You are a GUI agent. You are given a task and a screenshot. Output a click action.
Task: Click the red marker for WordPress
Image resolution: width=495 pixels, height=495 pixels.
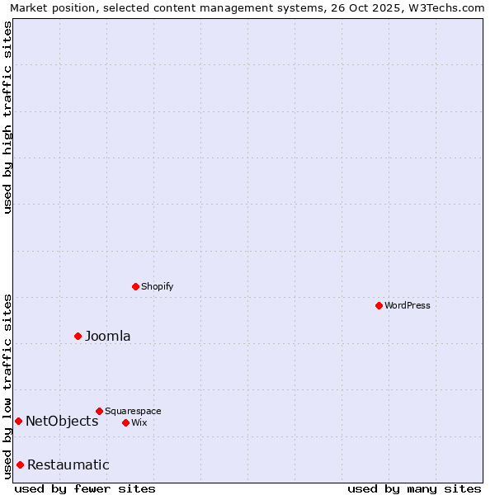pos(379,305)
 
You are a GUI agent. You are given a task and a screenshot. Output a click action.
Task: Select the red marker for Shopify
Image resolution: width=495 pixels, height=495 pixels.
pos(135,286)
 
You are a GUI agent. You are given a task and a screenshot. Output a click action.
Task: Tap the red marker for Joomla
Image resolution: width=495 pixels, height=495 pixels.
pos(78,336)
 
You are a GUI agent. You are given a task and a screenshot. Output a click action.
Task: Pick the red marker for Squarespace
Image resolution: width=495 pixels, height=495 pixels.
pos(99,411)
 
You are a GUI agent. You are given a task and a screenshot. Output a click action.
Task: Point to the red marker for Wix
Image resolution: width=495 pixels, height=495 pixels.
pos(125,422)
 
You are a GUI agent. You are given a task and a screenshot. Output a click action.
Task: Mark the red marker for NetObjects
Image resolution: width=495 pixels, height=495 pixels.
pos(18,421)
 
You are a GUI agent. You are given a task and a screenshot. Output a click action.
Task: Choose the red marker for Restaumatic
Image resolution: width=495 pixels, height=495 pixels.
pos(20,464)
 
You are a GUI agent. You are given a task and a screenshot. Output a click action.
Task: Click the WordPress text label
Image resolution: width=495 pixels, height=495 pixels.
pos(408,305)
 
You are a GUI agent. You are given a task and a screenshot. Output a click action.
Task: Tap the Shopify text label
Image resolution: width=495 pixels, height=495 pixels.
pos(157,286)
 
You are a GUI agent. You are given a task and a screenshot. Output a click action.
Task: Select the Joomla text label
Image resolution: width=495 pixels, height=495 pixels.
pos(108,336)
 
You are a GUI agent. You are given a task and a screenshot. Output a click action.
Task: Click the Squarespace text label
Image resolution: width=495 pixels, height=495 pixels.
pos(133,411)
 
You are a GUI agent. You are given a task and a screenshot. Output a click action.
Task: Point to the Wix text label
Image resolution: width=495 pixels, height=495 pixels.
pos(139,422)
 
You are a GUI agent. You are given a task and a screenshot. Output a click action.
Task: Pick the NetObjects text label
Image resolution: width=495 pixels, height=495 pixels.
pos(62,421)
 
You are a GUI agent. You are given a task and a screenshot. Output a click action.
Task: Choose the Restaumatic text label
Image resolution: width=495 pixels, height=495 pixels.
pos(68,464)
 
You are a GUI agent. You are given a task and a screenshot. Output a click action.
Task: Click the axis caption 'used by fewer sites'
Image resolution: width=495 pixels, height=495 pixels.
pos(85,488)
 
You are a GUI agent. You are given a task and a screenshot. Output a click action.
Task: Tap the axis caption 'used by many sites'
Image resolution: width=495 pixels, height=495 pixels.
pos(414,488)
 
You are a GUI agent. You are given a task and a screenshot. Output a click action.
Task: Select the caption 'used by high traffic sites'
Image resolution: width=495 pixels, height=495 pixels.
pos(7,117)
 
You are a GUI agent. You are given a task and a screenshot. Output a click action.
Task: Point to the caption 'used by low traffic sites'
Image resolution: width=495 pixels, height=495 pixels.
pos(7,385)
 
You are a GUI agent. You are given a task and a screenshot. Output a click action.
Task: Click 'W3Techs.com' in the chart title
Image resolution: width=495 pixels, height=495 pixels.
pos(450,7)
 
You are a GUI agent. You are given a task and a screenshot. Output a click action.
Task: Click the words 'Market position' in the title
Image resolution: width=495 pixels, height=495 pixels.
pos(48,7)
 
